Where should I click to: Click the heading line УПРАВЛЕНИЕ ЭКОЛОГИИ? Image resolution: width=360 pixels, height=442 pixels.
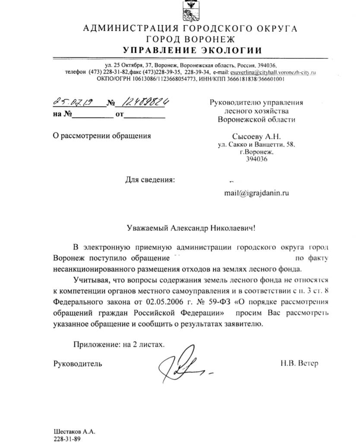[192, 50]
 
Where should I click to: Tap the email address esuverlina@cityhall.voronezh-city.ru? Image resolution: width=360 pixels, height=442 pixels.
[273, 72]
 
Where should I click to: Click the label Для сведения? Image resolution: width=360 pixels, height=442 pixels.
[150, 180]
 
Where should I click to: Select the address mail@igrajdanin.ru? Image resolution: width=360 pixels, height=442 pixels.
[256, 193]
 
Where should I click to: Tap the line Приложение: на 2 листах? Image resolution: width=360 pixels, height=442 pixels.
[119, 344]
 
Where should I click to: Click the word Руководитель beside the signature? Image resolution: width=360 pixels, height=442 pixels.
[78, 363]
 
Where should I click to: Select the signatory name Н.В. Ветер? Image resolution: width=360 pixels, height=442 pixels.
[299, 363]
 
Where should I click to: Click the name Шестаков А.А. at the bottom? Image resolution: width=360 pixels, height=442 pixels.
[74, 432]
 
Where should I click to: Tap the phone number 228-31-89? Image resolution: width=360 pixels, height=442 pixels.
[67, 439]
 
